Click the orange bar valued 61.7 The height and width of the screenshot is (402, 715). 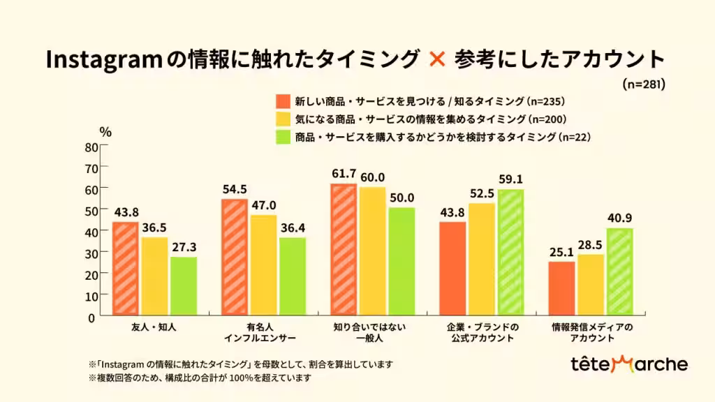tap(344, 249)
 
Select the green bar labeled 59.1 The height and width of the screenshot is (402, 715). tap(510, 252)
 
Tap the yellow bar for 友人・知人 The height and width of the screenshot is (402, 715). tap(154, 276)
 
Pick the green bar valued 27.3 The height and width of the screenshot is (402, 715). tap(183, 285)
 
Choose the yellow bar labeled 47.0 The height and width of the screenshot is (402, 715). tap(263, 265)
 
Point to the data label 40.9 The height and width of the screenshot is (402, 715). tap(620, 217)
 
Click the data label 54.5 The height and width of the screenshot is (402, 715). tap(234, 188)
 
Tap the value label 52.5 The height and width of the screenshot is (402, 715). tap(482, 193)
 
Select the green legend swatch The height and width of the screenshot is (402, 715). tap(283, 137)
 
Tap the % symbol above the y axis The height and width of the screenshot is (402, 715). tap(105, 131)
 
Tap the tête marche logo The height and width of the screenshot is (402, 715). tap(628, 364)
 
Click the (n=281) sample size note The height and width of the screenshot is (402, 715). tap(642, 84)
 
